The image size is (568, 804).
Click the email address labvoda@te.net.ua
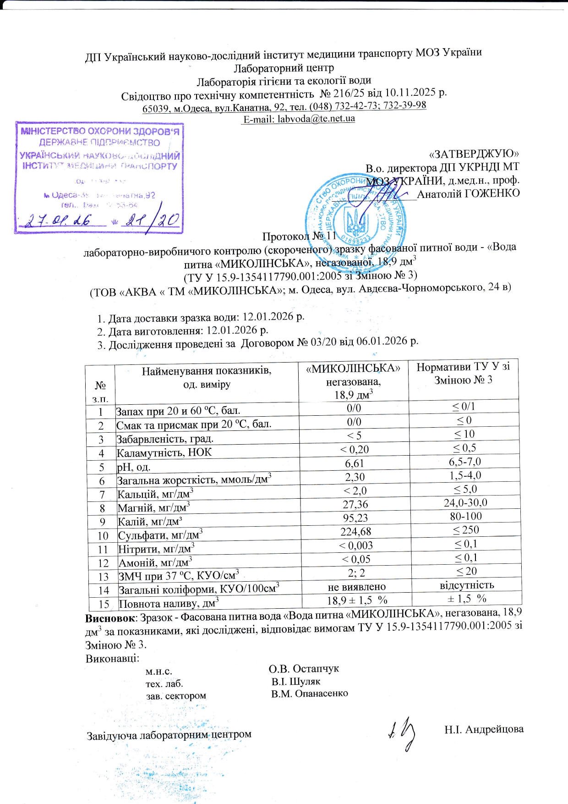pyautogui.click(x=316, y=118)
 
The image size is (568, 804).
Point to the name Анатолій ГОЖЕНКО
pyautogui.click(x=468, y=193)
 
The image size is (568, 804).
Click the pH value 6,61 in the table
pyautogui.click(x=355, y=463)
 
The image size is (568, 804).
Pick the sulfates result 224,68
pyautogui.click(x=355, y=532)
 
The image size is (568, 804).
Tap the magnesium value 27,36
pyautogui.click(x=355, y=504)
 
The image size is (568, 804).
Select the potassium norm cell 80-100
pyautogui.click(x=465, y=516)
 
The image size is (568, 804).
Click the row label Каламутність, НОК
pyautogui.click(x=164, y=453)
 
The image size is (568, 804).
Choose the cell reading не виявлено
pyautogui.click(x=356, y=587)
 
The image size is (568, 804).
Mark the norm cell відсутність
pyautogui.click(x=466, y=585)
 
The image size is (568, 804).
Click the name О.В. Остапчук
pyautogui.click(x=304, y=668)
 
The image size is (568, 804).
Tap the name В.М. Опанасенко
pyautogui.click(x=309, y=694)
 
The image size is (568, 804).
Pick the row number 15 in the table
pyautogui.click(x=104, y=604)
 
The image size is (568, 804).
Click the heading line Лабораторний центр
pyautogui.click(x=284, y=68)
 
